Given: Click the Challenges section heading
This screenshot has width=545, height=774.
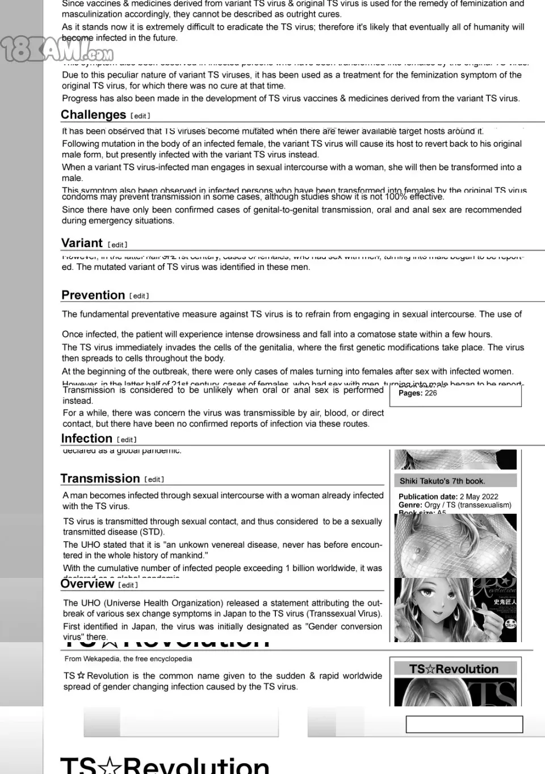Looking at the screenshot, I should pyautogui.click(x=93, y=115).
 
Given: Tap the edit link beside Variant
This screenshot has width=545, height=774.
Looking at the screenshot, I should pyautogui.click(x=118, y=245).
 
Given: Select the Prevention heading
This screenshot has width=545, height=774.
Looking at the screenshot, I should pyautogui.click(x=93, y=295).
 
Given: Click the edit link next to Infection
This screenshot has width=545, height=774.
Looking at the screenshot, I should pyautogui.click(x=127, y=440).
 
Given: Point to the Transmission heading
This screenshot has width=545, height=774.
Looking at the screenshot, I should pyautogui.click(x=100, y=478).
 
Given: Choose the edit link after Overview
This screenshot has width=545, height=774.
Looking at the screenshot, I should pyautogui.click(x=128, y=585).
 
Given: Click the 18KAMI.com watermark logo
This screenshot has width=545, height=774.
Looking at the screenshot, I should pyautogui.click(x=57, y=50).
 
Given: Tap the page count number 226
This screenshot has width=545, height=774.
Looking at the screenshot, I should pyautogui.click(x=431, y=393).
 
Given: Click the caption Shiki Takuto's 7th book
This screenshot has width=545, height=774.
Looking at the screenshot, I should pyautogui.click(x=441, y=481).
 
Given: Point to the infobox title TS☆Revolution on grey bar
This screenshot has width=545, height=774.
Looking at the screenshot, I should pyautogui.click(x=454, y=669).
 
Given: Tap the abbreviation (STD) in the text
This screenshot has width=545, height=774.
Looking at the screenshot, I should pyautogui.click(x=152, y=532).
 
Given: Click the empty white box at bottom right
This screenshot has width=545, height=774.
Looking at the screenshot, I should pyautogui.click(x=464, y=724).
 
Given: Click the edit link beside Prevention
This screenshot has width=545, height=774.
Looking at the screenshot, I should pyautogui.click(x=139, y=296).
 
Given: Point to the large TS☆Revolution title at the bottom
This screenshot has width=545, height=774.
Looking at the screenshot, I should pyautogui.click(x=165, y=764).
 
